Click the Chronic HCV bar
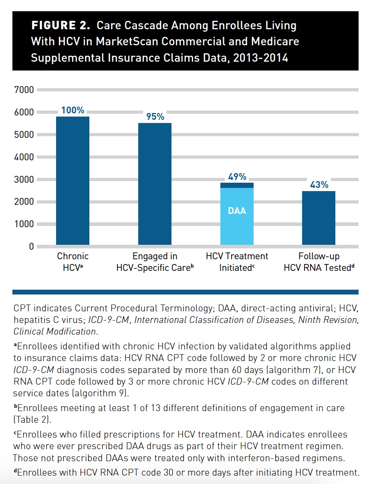tap(73, 180)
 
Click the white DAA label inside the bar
tap(237, 210)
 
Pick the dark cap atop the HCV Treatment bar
tap(237, 185)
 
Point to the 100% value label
tap(73, 110)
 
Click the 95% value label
tap(155, 117)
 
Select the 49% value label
tap(237, 176)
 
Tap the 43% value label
tap(319, 185)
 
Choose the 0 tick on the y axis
tap(30, 246)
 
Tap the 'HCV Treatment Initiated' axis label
tap(237, 262)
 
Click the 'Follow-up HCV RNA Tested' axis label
tap(319, 262)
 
